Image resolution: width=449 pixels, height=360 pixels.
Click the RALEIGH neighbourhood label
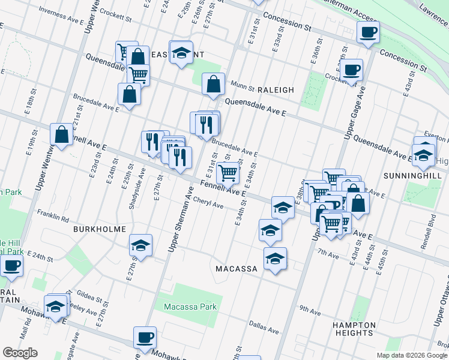pyautogui.click(x=276, y=89)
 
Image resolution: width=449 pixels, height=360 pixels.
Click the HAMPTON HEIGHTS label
pyautogui.click(x=354, y=329)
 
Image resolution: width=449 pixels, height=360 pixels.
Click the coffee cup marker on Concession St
pyautogui.click(x=368, y=32)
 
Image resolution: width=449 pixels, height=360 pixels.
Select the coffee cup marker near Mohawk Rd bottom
pyautogui.click(x=144, y=337)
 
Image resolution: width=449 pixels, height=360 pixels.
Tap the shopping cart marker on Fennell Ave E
pyautogui.click(x=228, y=173)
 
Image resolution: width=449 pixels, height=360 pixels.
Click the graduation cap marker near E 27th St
pyautogui.click(x=140, y=245)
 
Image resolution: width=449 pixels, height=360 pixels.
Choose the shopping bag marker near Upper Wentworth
pyautogui.click(x=62, y=135)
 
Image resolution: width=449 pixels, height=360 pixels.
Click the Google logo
pyautogui.click(x=20, y=353)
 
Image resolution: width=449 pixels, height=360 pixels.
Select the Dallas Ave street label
pyautogui.click(x=265, y=331)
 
